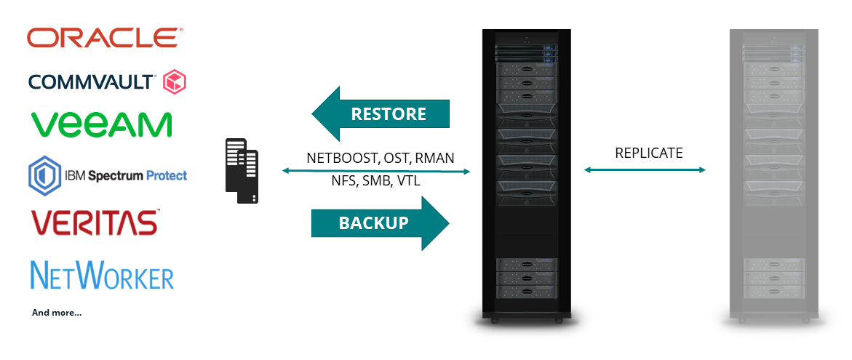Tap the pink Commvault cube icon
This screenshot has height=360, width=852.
[x=175, y=81]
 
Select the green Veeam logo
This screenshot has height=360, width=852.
[x=102, y=124]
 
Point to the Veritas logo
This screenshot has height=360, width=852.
[x=95, y=222]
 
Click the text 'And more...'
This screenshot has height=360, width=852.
[x=57, y=313]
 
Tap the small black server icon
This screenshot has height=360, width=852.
[x=243, y=172]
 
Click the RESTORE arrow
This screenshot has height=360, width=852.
[x=380, y=113]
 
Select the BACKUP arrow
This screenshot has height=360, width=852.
[x=380, y=223]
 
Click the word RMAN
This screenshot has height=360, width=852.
[x=435, y=157]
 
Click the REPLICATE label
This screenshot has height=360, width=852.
[x=649, y=153]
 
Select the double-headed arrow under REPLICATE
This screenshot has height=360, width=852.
[x=645, y=170]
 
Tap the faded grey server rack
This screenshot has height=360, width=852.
[x=773, y=175]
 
